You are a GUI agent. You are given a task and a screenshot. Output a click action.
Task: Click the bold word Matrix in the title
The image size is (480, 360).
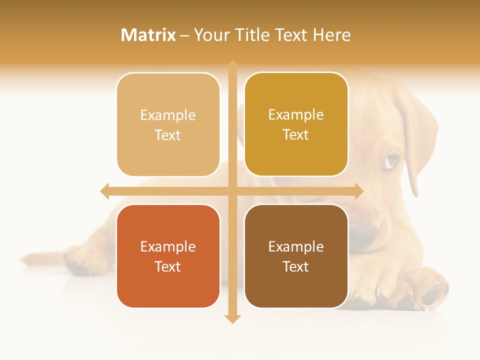pyautogui.click(x=148, y=35)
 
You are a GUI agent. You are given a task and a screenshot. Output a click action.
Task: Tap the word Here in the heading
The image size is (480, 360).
pyautogui.click(x=331, y=35)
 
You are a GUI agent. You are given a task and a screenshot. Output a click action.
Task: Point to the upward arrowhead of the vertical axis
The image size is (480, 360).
pyautogui.click(x=232, y=64)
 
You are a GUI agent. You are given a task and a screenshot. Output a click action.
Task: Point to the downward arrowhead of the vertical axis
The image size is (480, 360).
pyautogui.click(x=232, y=319)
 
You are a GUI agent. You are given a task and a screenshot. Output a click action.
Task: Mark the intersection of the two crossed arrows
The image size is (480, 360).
pyautogui.click(x=232, y=191)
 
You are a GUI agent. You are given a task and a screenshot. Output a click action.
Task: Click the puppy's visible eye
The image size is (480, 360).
pyautogui.click(x=393, y=160)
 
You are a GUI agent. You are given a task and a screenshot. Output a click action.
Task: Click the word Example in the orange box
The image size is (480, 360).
pyautogui.click(x=168, y=246)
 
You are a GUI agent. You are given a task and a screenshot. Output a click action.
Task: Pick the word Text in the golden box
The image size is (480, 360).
pyautogui.click(x=296, y=135)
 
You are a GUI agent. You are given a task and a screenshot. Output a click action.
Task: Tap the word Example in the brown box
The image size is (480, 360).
pyautogui.click(x=296, y=246)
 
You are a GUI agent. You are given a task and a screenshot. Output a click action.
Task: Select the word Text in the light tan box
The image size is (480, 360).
pyautogui.click(x=168, y=135)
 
